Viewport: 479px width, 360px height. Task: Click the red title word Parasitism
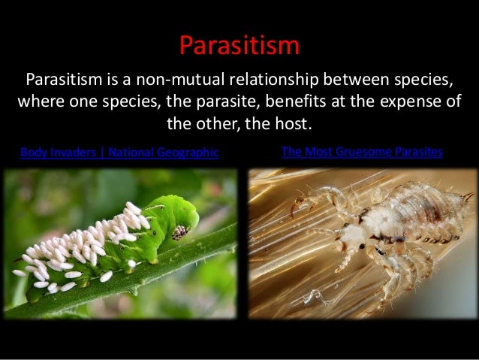tap(239, 45)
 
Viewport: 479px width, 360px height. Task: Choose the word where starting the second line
tap(36, 101)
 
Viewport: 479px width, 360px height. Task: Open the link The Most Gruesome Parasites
tap(362, 152)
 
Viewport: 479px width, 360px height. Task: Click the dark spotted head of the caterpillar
tap(179, 233)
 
